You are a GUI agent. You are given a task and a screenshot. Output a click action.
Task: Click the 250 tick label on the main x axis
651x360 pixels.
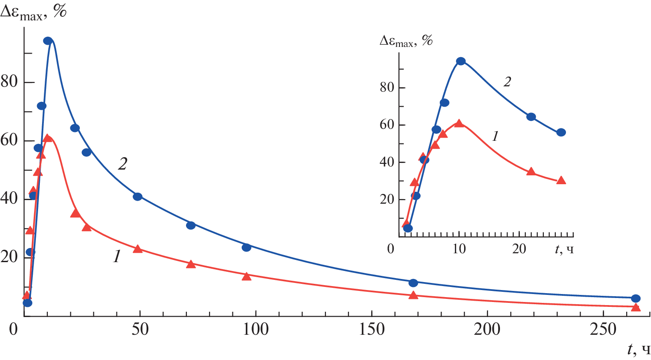click(x=603, y=330)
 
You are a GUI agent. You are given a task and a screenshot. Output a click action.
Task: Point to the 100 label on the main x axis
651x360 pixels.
click(x=256, y=330)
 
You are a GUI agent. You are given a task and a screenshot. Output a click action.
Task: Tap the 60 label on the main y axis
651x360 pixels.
click(x=9, y=140)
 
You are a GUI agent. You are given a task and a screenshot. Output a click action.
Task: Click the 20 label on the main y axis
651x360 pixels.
click(x=9, y=257)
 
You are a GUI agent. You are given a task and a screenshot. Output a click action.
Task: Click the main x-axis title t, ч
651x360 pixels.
click(x=639, y=350)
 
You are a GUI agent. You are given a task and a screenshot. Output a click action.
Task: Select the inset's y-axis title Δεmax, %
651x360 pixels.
click(x=406, y=41)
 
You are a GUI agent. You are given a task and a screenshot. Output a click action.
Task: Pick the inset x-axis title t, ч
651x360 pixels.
click(x=564, y=249)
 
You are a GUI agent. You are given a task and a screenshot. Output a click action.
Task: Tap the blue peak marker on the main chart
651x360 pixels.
click(x=48, y=41)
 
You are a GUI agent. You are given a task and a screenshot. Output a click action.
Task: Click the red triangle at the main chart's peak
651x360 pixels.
click(x=47, y=138)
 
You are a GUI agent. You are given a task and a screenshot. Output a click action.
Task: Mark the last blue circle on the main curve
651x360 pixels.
click(x=635, y=298)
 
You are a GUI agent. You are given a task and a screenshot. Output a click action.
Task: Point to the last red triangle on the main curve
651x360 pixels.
click(x=635, y=307)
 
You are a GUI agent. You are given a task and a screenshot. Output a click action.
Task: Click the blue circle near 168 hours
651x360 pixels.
click(x=413, y=283)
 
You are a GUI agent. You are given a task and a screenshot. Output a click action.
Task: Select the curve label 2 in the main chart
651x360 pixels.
click(x=122, y=164)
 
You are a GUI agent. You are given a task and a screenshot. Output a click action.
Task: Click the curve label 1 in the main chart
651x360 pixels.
click(x=116, y=256)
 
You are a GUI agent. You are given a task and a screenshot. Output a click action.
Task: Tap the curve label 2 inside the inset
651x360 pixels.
click(x=508, y=81)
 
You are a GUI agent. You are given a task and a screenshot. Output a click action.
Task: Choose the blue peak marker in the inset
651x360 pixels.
click(x=461, y=61)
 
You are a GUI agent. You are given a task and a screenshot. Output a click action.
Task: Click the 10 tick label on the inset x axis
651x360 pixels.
click(x=459, y=249)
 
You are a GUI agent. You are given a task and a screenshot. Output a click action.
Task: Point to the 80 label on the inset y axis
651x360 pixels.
click(x=387, y=87)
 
